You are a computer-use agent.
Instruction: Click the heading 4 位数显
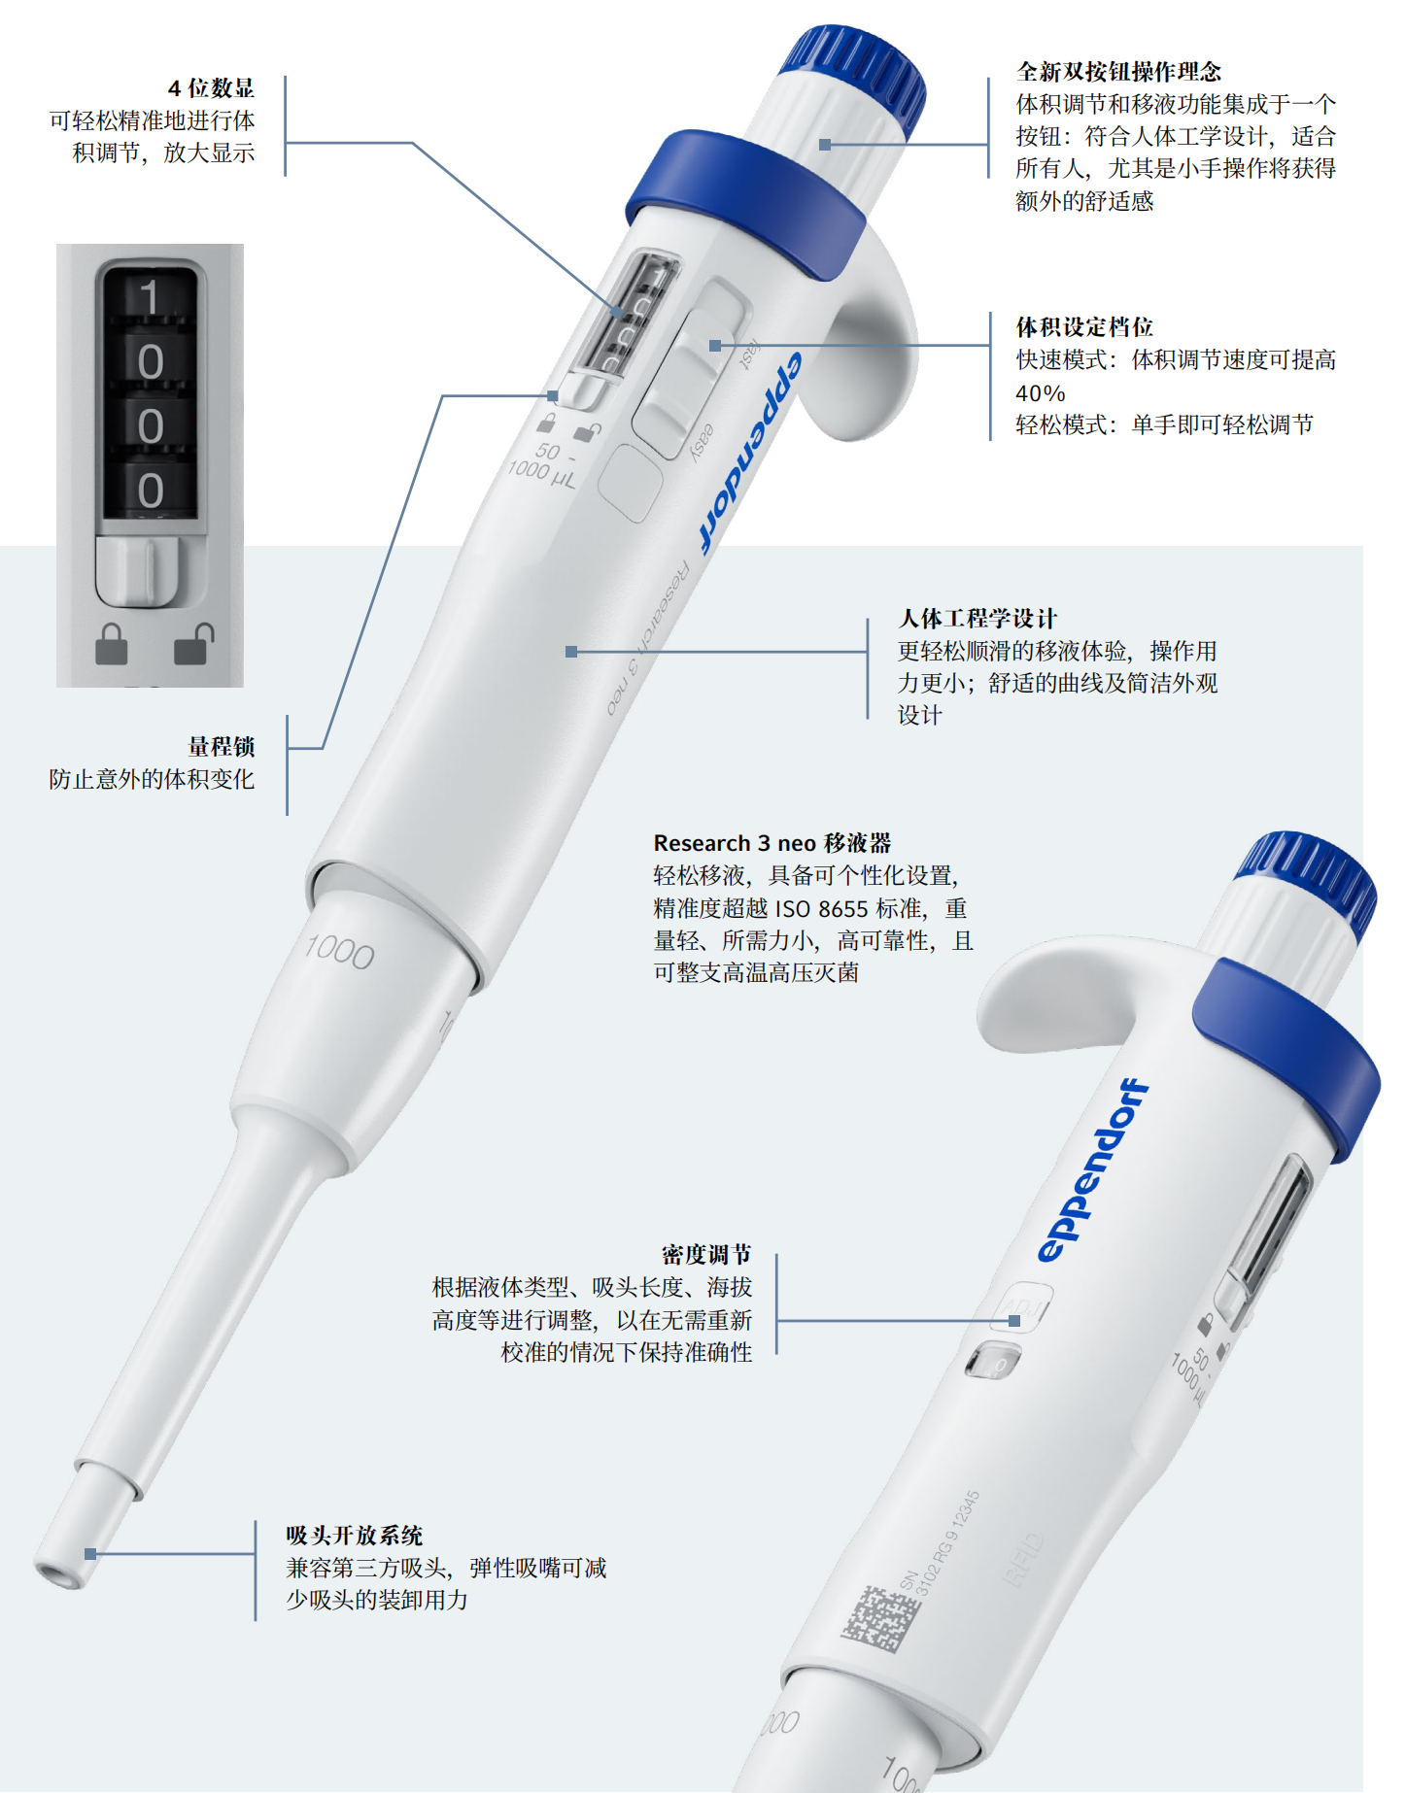(211, 88)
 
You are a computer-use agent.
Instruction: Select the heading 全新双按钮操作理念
(1118, 72)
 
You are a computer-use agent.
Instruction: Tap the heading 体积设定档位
(1084, 327)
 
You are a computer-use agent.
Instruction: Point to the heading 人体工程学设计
(977, 619)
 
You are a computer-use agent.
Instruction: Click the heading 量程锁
(222, 747)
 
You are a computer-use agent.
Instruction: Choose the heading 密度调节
(706, 1255)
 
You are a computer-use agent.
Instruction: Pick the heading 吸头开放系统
(355, 1536)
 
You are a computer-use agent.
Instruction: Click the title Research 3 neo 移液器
(772, 843)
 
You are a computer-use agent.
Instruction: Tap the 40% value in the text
(1040, 393)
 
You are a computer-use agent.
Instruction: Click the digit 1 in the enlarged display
(149, 297)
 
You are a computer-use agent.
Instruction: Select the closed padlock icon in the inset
(112, 644)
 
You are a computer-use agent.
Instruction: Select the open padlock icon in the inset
(192, 644)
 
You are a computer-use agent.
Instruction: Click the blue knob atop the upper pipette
(855, 73)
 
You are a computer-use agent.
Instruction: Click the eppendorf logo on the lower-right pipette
(1092, 1170)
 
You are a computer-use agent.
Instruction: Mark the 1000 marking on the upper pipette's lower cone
(339, 952)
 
